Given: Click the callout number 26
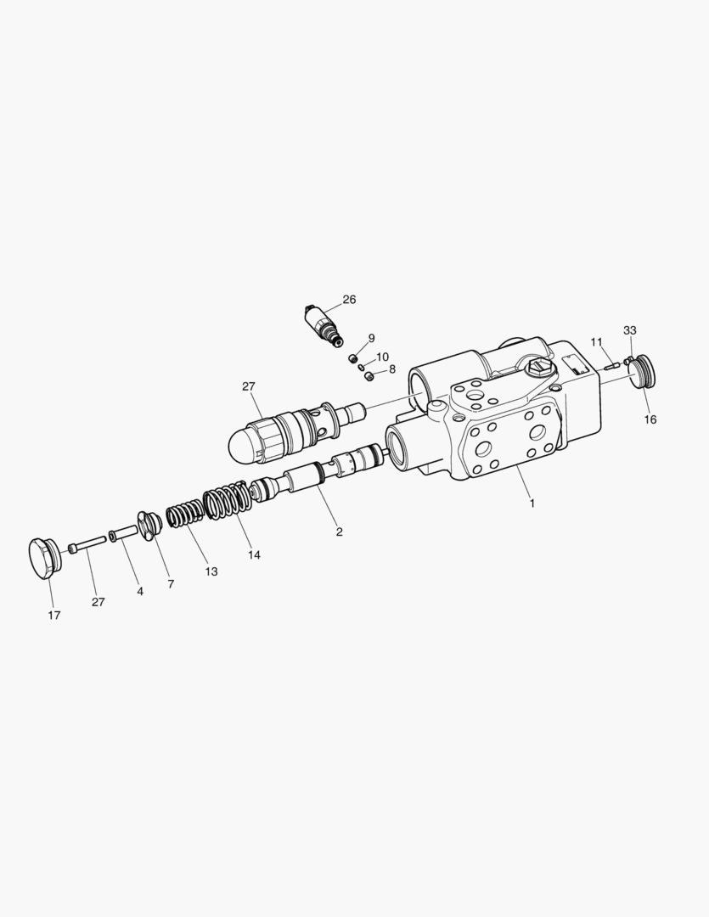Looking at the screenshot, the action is coord(349,300).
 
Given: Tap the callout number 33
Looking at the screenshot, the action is coord(629,330).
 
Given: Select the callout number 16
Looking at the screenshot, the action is coord(650,419).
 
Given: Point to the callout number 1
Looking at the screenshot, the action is coord(532,503).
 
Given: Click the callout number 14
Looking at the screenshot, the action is coord(254,555).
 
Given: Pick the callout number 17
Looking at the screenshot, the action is coord(53,616).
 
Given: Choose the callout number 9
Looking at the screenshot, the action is coord(371,338).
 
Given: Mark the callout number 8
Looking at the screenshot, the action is coord(392,369).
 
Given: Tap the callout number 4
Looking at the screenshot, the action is coord(140,591).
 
